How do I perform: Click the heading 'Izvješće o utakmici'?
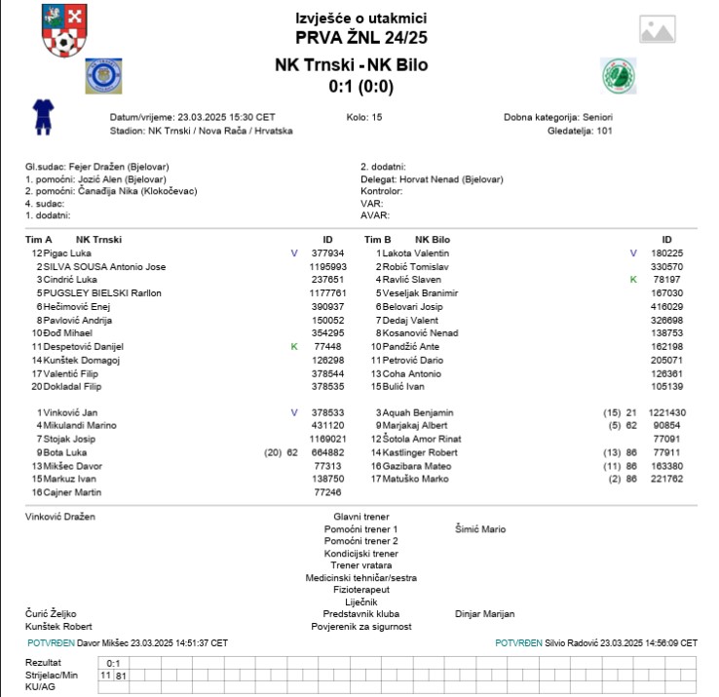360,19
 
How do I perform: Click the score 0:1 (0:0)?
360,86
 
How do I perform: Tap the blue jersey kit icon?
41,115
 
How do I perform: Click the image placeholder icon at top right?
658,30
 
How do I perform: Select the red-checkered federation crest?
63,30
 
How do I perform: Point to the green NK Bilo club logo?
618,75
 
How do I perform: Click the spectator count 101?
604,131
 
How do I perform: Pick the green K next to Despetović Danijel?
294,346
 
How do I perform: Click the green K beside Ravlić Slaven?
633,279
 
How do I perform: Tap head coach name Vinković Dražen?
60,517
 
